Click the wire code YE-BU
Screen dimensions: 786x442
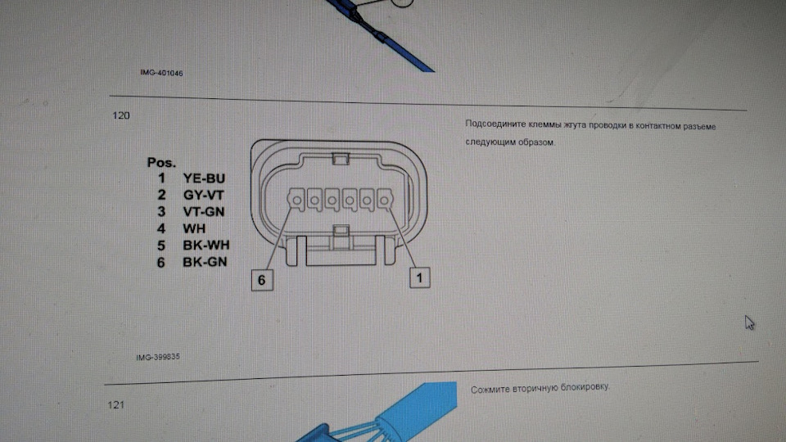pyautogui.click(x=204, y=178)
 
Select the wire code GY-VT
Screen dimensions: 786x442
pyautogui.click(x=204, y=195)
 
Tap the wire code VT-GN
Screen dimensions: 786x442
pyautogui.click(x=204, y=211)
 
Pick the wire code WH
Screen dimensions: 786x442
pyautogui.click(x=194, y=228)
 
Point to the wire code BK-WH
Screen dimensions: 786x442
pyautogui.click(x=206, y=245)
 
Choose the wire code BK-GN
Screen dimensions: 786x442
pyautogui.click(x=205, y=262)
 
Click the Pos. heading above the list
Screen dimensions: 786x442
pyautogui.click(x=161, y=162)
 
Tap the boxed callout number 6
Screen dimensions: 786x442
pyautogui.click(x=262, y=280)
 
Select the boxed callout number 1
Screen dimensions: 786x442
pyautogui.click(x=419, y=277)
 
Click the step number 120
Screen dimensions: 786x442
pyautogui.click(x=121, y=115)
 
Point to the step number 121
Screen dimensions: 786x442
pyautogui.click(x=115, y=405)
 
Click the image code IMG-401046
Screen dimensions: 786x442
pyautogui.click(x=161, y=73)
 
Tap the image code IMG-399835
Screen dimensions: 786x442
pyautogui.click(x=158, y=357)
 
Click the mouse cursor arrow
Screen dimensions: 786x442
pyautogui.click(x=749, y=322)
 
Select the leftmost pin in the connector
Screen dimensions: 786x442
pyautogui.click(x=296, y=200)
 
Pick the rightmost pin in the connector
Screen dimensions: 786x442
pyautogui.click(x=384, y=200)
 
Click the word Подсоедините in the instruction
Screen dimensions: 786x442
pyautogui.click(x=496, y=124)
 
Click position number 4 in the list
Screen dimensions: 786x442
pyautogui.click(x=161, y=228)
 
